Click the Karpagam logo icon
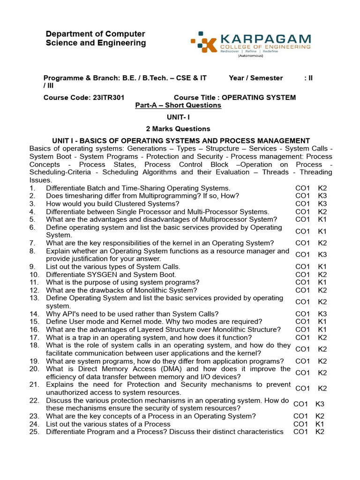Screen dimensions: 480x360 203,43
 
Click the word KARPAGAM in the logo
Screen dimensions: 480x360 265,38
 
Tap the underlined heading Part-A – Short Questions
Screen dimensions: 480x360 178,105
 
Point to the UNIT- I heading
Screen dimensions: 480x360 178,117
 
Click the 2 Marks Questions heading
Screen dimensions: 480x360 178,129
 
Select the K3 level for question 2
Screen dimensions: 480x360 322,196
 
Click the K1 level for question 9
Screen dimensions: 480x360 322,267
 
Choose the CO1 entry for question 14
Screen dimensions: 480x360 302,314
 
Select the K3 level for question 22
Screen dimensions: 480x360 320,404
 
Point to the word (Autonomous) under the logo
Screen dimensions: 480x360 250,55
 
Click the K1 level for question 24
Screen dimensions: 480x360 320,424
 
